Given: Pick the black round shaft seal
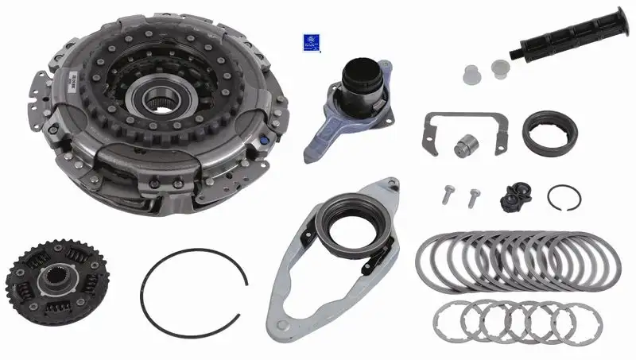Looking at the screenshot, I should point(549,132).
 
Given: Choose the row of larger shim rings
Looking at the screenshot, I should point(518,262).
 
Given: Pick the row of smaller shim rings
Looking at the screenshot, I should point(505,321).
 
